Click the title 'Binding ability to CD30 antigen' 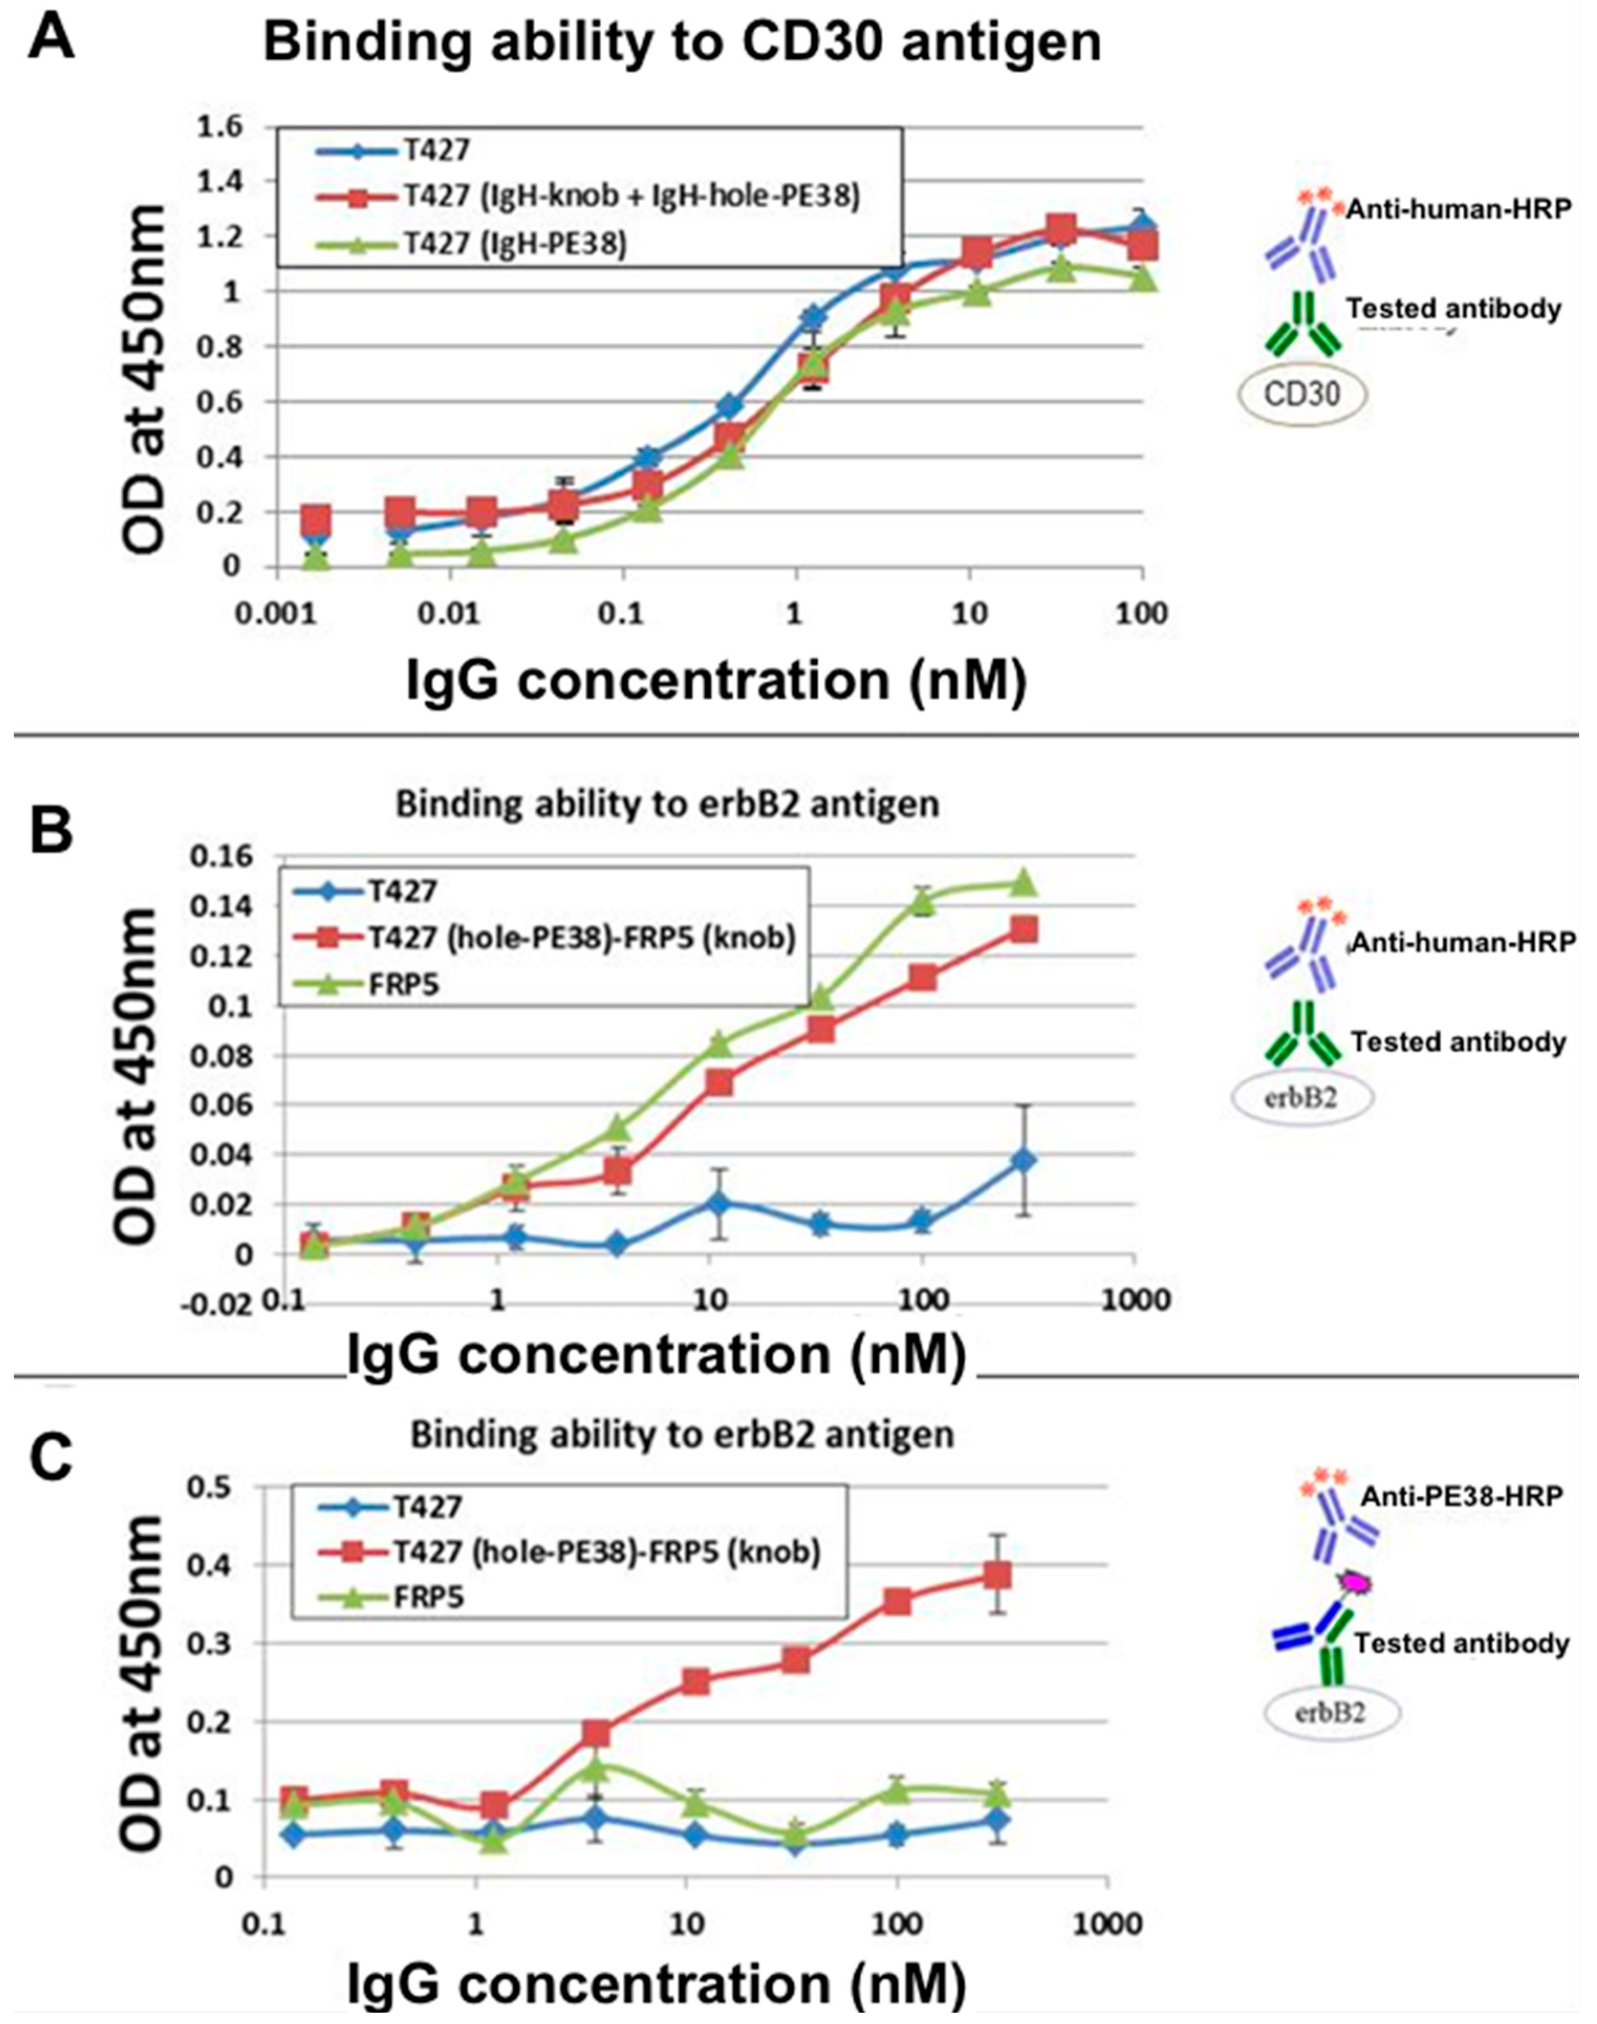(682, 44)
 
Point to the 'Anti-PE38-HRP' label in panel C (1461, 1496)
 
